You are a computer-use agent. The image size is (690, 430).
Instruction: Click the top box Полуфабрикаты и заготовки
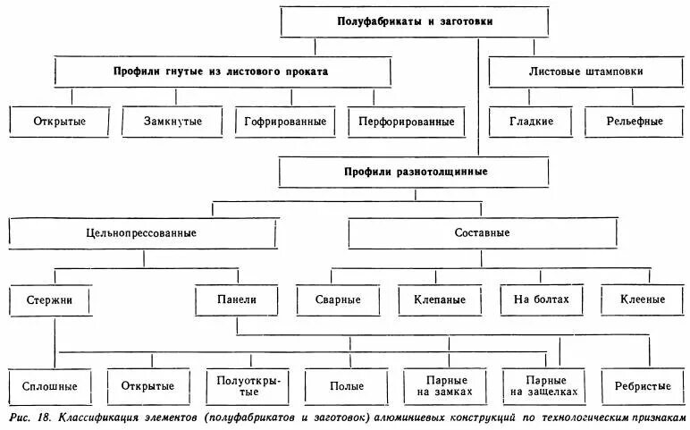tap(415, 21)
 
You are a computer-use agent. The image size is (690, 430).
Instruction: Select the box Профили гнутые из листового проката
tap(221, 71)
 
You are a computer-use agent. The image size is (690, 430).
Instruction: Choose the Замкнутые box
tap(173, 121)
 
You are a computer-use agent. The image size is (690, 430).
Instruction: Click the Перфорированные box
tap(407, 121)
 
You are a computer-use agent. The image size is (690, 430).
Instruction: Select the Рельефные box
tap(635, 121)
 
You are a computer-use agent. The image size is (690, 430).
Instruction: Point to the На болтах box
tap(542, 299)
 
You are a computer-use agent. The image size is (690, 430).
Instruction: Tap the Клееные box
tap(644, 299)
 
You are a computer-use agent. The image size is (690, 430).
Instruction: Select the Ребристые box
tap(644, 386)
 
